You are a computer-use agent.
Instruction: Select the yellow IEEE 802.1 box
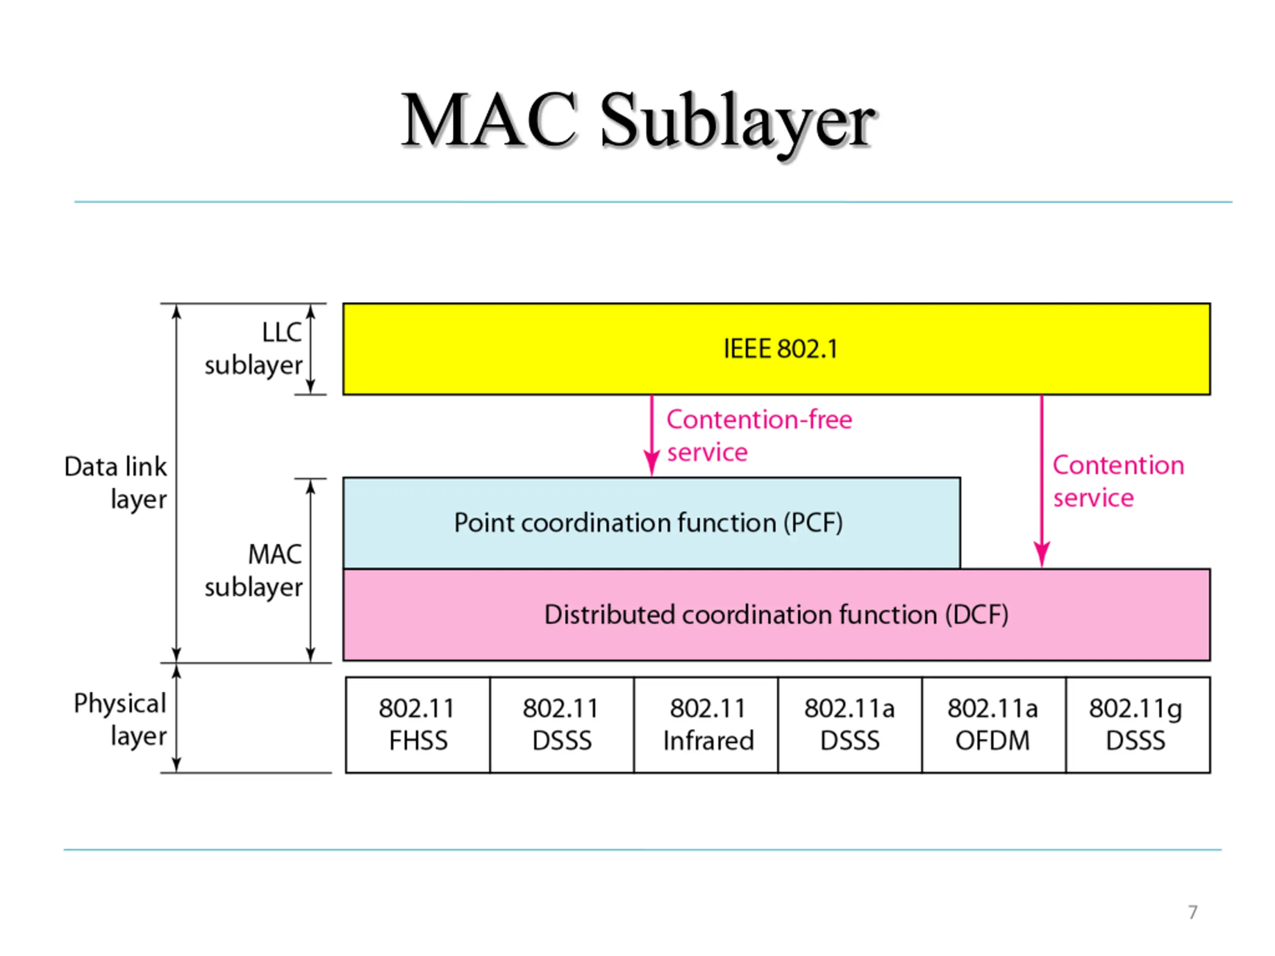[x=776, y=349]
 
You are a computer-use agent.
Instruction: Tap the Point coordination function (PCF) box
[x=651, y=523]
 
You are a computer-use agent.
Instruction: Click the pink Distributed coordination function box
[x=776, y=614]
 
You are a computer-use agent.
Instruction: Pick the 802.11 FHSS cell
[x=418, y=725]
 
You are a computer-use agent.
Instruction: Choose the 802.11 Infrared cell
[x=706, y=725]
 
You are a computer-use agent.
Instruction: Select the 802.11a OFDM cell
[x=994, y=725]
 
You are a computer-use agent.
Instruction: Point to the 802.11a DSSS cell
[x=850, y=725]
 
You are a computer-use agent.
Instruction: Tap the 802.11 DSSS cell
[x=562, y=725]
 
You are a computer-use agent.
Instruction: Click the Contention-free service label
[x=759, y=436]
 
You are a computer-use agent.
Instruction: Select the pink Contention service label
[x=1118, y=481]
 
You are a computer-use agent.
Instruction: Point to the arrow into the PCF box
[x=652, y=436]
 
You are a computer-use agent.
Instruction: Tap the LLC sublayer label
[x=254, y=349]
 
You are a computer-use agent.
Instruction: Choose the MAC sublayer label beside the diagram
[x=254, y=571]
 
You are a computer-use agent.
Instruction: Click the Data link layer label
[x=115, y=482]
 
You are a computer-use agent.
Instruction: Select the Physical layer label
[x=120, y=719]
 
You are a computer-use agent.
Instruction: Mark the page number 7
[x=1193, y=912]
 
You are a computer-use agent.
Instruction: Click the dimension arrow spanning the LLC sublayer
[x=311, y=349]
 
